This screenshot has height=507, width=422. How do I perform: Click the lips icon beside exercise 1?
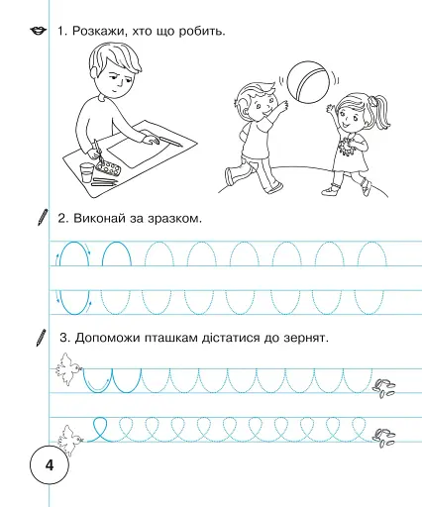pos(39,31)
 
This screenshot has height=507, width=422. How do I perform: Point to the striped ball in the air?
pos(309,81)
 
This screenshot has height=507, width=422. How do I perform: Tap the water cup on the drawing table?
pos(86,172)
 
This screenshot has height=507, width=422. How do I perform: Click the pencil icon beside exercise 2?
pos(43,217)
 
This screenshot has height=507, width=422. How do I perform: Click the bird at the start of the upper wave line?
pos(67,368)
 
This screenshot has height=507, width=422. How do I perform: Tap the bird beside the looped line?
pos(70,440)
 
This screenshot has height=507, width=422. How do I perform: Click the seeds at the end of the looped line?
pos(383,438)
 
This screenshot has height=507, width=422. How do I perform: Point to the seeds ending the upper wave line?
pos(383,388)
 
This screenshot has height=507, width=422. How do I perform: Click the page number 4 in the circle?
pos(50,465)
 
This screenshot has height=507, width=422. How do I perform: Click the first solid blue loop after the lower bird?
pos(101,430)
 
